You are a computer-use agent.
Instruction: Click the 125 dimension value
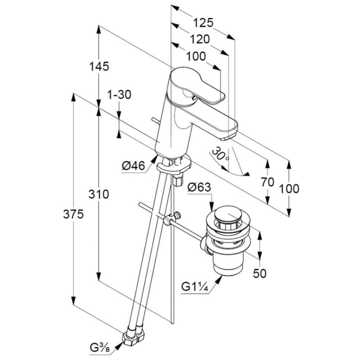coord(203,23)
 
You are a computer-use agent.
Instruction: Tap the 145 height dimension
coord(99,66)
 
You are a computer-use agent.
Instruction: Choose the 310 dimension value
coord(99,194)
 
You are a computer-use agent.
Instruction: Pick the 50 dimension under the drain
coord(260,274)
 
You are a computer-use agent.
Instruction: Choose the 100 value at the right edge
coord(290,189)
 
